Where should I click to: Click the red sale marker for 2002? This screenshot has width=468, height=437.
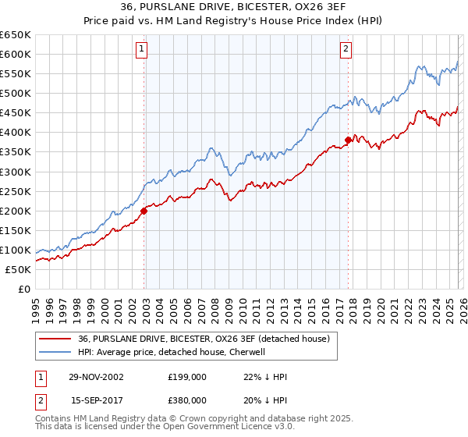(144, 211)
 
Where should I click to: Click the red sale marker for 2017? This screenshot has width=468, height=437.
(348, 140)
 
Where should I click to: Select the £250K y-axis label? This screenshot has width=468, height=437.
(16, 191)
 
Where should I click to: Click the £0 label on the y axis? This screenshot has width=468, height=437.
(23, 289)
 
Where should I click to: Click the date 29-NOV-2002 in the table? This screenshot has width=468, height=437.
(96, 376)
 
